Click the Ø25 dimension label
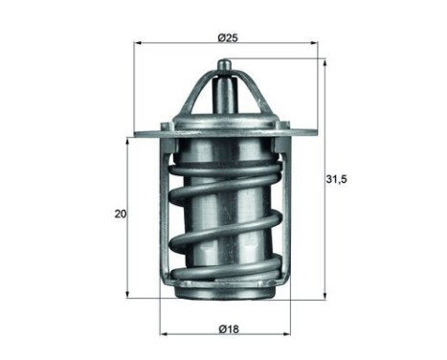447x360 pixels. [228, 38]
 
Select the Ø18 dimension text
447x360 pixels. [229, 328]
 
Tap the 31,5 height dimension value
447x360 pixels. [336, 179]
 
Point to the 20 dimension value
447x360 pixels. [121, 214]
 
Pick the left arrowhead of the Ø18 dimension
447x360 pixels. [164, 334]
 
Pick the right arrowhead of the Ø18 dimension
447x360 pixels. [287, 334]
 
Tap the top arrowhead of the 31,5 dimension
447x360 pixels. [324, 63]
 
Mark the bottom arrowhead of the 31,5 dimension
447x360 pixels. [324, 295]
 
